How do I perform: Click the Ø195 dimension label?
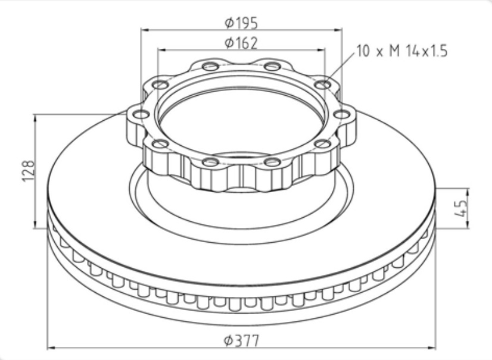241,23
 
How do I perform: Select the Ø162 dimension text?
241,43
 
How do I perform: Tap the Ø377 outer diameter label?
242,340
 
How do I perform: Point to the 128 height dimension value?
28,171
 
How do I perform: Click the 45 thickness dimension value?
460,208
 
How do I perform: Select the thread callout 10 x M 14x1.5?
402,51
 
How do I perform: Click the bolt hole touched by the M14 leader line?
323,84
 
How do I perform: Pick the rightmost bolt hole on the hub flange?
342,114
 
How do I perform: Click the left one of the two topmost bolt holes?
210,67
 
